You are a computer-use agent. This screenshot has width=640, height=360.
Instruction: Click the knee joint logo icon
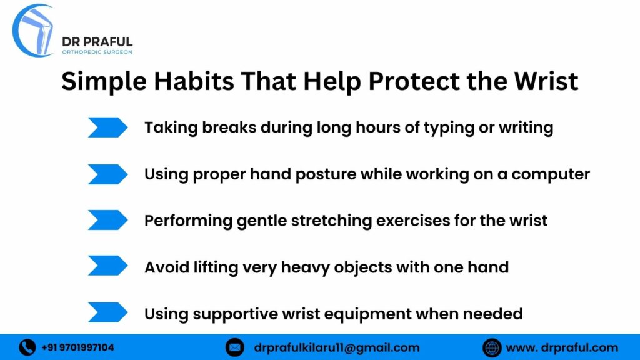pyautogui.click(x=35, y=30)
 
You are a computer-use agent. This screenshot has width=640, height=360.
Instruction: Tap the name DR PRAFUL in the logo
pyautogui.click(x=97, y=41)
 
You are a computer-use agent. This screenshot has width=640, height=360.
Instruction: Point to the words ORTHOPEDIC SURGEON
pyautogui.click(x=97, y=52)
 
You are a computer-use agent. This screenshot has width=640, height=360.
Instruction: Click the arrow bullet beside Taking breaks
pyautogui.click(x=107, y=127)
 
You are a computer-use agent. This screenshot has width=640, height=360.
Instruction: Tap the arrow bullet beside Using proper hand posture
pyautogui.click(x=107, y=174)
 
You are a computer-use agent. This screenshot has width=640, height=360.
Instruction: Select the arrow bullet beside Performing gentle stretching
pyautogui.click(x=107, y=221)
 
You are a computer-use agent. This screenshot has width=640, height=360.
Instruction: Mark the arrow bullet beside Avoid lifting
pyautogui.click(x=107, y=267)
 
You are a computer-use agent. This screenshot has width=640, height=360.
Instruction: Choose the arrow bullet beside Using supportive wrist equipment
pyautogui.click(x=107, y=313)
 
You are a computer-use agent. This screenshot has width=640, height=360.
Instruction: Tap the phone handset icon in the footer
pyautogui.click(x=27, y=347)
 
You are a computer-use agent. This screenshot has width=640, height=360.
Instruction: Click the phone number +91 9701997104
pyautogui.click(x=78, y=347)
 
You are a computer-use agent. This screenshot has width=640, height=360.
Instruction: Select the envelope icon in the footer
pyautogui.click(x=235, y=347)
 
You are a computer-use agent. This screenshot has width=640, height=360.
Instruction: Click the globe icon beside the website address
pyautogui.click(x=492, y=347)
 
